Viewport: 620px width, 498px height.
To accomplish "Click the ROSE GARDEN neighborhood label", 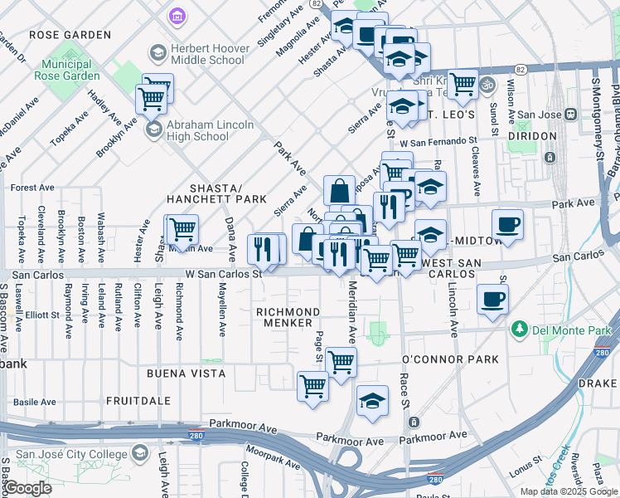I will point(70,35).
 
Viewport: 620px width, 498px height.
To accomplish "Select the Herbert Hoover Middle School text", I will point(209,54).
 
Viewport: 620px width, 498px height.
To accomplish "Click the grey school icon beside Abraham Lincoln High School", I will point(153,129).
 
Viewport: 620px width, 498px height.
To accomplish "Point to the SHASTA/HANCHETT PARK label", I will point(216,193).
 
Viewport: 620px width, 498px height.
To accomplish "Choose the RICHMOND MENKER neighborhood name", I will point(288,317).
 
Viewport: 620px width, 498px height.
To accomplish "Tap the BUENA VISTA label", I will point(186,373).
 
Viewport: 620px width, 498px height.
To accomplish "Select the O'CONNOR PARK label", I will point(450,359).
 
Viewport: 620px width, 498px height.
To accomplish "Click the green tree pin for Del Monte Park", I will point(520,330).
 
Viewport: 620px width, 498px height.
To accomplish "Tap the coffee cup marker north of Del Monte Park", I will point(492,300).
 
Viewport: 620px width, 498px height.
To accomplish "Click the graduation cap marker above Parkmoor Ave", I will point(372,399).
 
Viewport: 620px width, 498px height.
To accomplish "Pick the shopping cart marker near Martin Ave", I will point(182,229).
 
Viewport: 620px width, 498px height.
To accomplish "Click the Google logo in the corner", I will point(27,488).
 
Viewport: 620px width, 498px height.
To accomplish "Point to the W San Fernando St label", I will point(437,143).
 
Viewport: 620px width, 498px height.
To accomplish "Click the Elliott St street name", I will point(42,315).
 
